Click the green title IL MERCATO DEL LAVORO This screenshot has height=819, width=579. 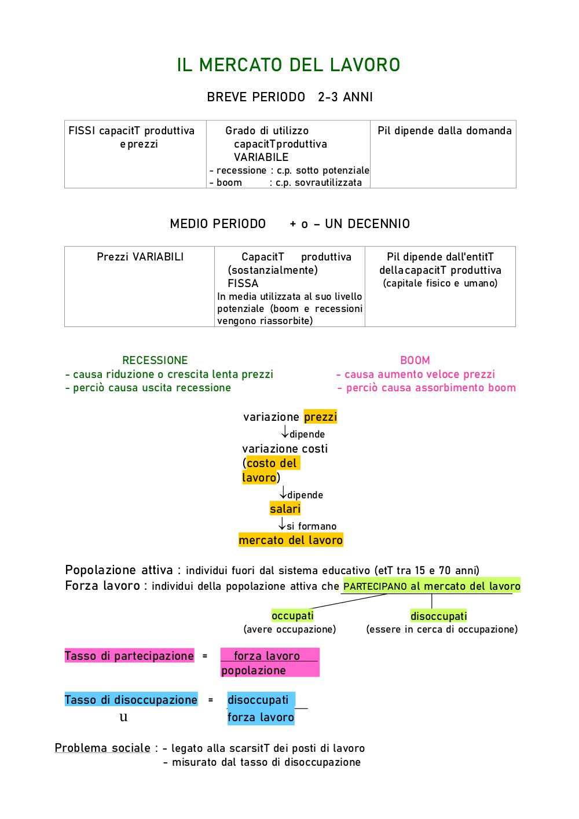pos(288,65)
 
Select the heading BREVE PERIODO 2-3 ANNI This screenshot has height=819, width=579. pos(289,97)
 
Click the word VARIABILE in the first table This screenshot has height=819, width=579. pos(261,157)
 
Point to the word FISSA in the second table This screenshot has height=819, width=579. pos(243,284)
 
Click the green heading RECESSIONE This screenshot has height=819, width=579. pos(155,360)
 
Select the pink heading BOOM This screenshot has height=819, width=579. pos(415,360)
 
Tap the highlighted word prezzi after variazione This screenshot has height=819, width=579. pos(320,417)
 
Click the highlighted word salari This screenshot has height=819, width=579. pos(285,509)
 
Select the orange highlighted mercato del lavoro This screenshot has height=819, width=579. pos(291,540)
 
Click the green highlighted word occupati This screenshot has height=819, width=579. pos(292,616)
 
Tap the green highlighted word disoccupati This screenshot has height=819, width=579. pos(438,616)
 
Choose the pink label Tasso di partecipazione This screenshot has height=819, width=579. pos(130,656)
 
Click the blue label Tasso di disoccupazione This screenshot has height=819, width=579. pos(131,699)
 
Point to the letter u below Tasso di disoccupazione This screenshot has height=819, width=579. pos(124,717)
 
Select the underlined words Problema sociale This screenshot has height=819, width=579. pos(102,748)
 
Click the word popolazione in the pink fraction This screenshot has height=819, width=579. pos(254,670)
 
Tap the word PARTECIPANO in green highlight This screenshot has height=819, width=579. pos(375,586)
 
